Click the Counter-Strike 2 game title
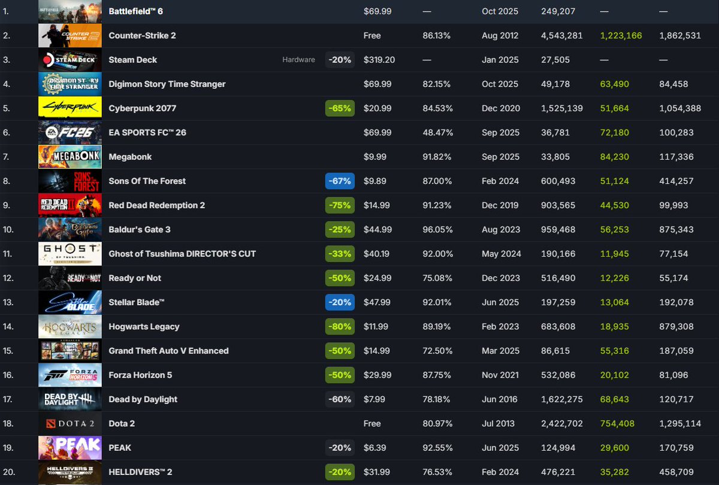point(142,35)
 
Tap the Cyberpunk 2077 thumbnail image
point(70,109)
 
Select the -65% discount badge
point(340,109)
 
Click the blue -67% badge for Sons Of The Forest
point(340,181)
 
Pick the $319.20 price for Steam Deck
point(380,60)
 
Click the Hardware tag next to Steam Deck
point(298,60)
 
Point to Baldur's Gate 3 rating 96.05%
point(436,230)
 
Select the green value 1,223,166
point(621,35)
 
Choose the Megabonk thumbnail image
point(70,157)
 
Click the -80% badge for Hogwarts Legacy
point(340,327)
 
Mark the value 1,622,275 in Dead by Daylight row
point(561,399)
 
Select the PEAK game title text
point(120,448)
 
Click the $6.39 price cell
point(374,448)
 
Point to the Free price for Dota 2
point(372,423)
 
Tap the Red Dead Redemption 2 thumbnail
point(70,206)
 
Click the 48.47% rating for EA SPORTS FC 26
point(436,132)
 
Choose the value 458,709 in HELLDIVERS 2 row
point(679,472)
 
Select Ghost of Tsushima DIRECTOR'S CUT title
point(182,254)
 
